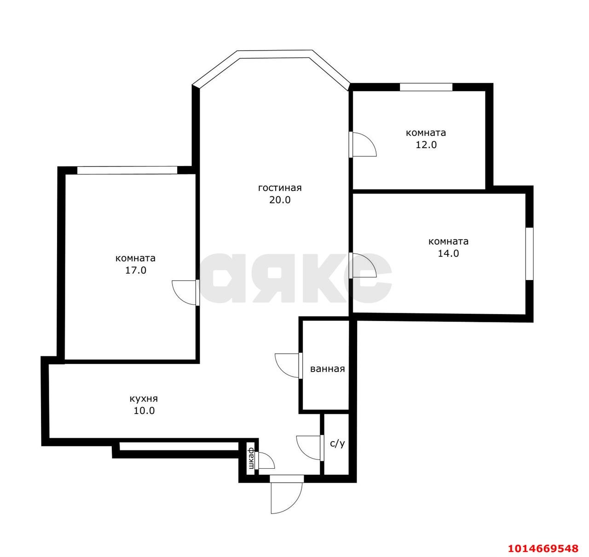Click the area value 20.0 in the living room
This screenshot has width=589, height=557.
(x=279, y=200)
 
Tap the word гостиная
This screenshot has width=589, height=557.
(x=280, y=188)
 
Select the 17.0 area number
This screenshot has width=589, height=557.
(x=136, y=270)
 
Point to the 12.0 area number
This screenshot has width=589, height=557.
(x=426, y=144)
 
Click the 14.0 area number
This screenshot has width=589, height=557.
(x=448, y=253)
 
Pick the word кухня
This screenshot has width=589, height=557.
(x=144, y=399)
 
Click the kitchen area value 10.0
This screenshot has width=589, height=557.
(x=144, y=411)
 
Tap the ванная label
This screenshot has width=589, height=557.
(x=328, y=368)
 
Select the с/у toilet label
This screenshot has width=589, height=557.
(x=337, y=443)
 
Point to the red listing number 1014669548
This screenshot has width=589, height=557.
(x=543, y=548)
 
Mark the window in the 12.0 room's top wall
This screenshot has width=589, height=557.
(x=426, y=87)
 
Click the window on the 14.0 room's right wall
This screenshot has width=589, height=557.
(x=529, y=253)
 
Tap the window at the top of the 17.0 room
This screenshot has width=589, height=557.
(x=127, y=170)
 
